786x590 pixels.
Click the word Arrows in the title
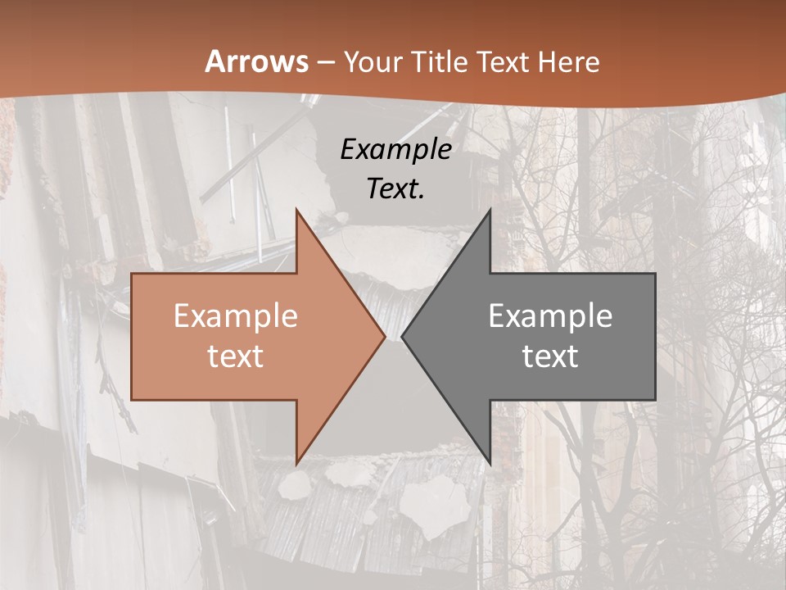(257, 62)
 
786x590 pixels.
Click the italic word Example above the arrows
(395, 150)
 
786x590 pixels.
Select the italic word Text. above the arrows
(395, 189)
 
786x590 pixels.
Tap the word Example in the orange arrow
(236, 316)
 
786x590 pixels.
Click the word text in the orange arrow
(236, 356)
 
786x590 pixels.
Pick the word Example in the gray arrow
(550, 316)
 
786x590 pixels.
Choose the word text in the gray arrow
(550, 356)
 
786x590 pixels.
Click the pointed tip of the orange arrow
(386, 337)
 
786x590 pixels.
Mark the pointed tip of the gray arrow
(401, 337)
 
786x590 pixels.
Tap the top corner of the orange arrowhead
(296, 210)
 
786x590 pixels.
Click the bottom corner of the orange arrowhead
(296, 464)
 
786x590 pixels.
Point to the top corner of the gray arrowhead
(490, 210)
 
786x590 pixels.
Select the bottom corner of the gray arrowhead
(490, 464)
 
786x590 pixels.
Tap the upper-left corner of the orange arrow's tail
(132, 274)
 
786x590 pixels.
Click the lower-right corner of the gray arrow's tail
(655, 400)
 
